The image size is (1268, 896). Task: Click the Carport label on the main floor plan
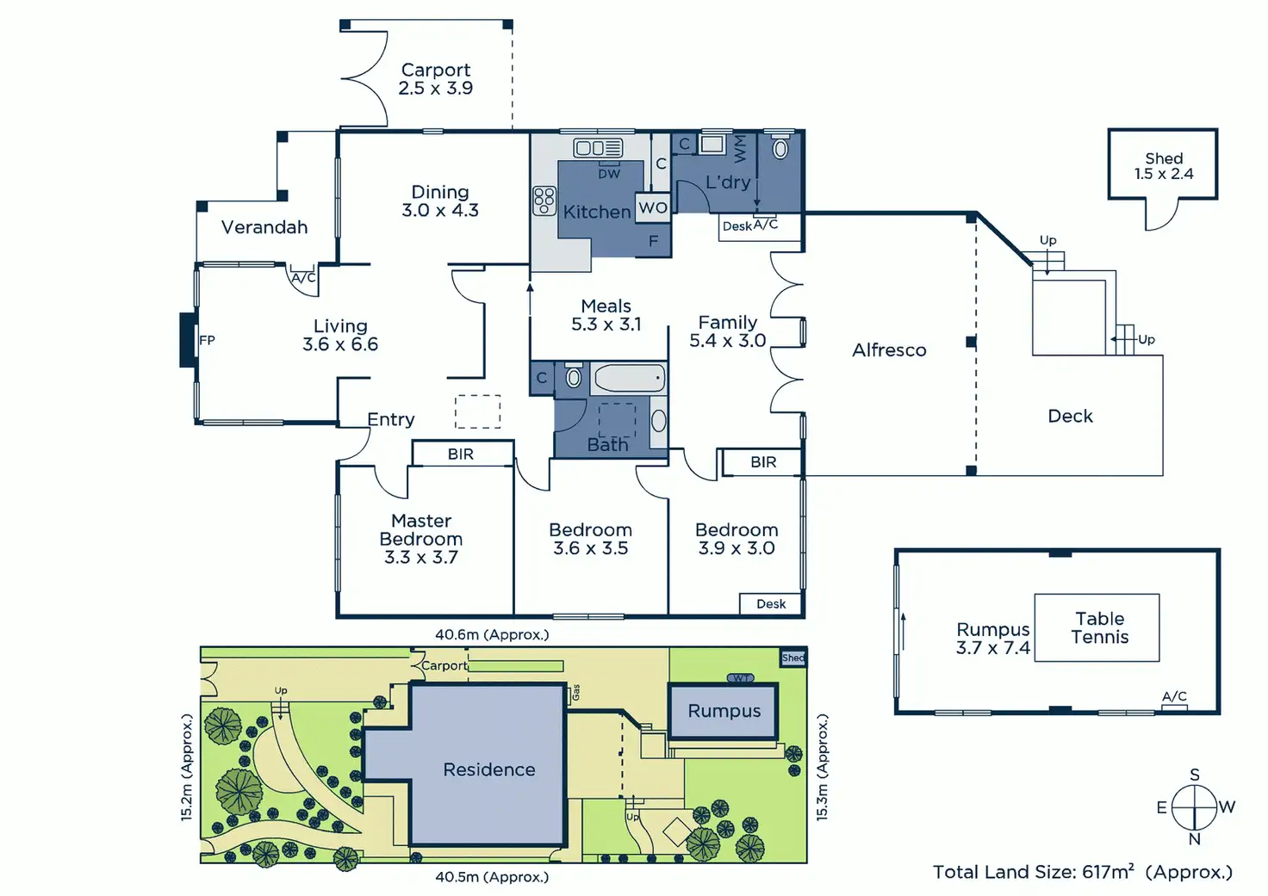pyautogui.click(x=436, y=70)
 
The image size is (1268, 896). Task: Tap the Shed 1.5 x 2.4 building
pyautogui.click(x=1162, y=164)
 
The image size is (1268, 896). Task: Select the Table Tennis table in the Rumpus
pyautogui.click(x=1097, y=627)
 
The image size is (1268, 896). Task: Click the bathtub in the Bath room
pyautogui.click(x=629, y=378)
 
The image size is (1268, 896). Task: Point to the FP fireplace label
pyautogui.click(x=207, y=340)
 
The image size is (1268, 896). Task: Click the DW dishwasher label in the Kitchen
pyautogui.click(x=609, y=174)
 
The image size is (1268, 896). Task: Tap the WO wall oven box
pyautogui.click(x=652, y=207)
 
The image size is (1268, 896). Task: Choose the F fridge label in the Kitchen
pyautogui.click(x=653, y=241)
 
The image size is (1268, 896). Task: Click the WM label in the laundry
pyautogui.click(x=739, y=148)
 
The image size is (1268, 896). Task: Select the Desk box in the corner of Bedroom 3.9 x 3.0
pyautogui.click(x=771, y=604)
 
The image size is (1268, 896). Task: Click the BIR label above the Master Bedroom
pyautogui.click(x=461, y=454)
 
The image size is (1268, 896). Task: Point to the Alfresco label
pyautogui.click(x=889, y=350)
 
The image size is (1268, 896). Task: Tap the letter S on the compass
pyautogui.click(x=1195, y=775)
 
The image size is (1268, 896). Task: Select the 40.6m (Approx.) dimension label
pyautogui.click(x=492, y=634)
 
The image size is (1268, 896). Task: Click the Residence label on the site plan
pyautogui.click(x=489, y=769)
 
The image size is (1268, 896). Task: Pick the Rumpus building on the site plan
pyautogui.click(x=724, y=711)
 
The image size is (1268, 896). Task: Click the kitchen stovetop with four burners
pyautogui.click(x=544, y=201)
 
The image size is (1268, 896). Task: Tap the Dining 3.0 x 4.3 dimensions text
pyautogui.click(x=440, y=210)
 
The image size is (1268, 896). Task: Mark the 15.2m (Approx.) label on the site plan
pyautogui.click(x=187, y=767)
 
